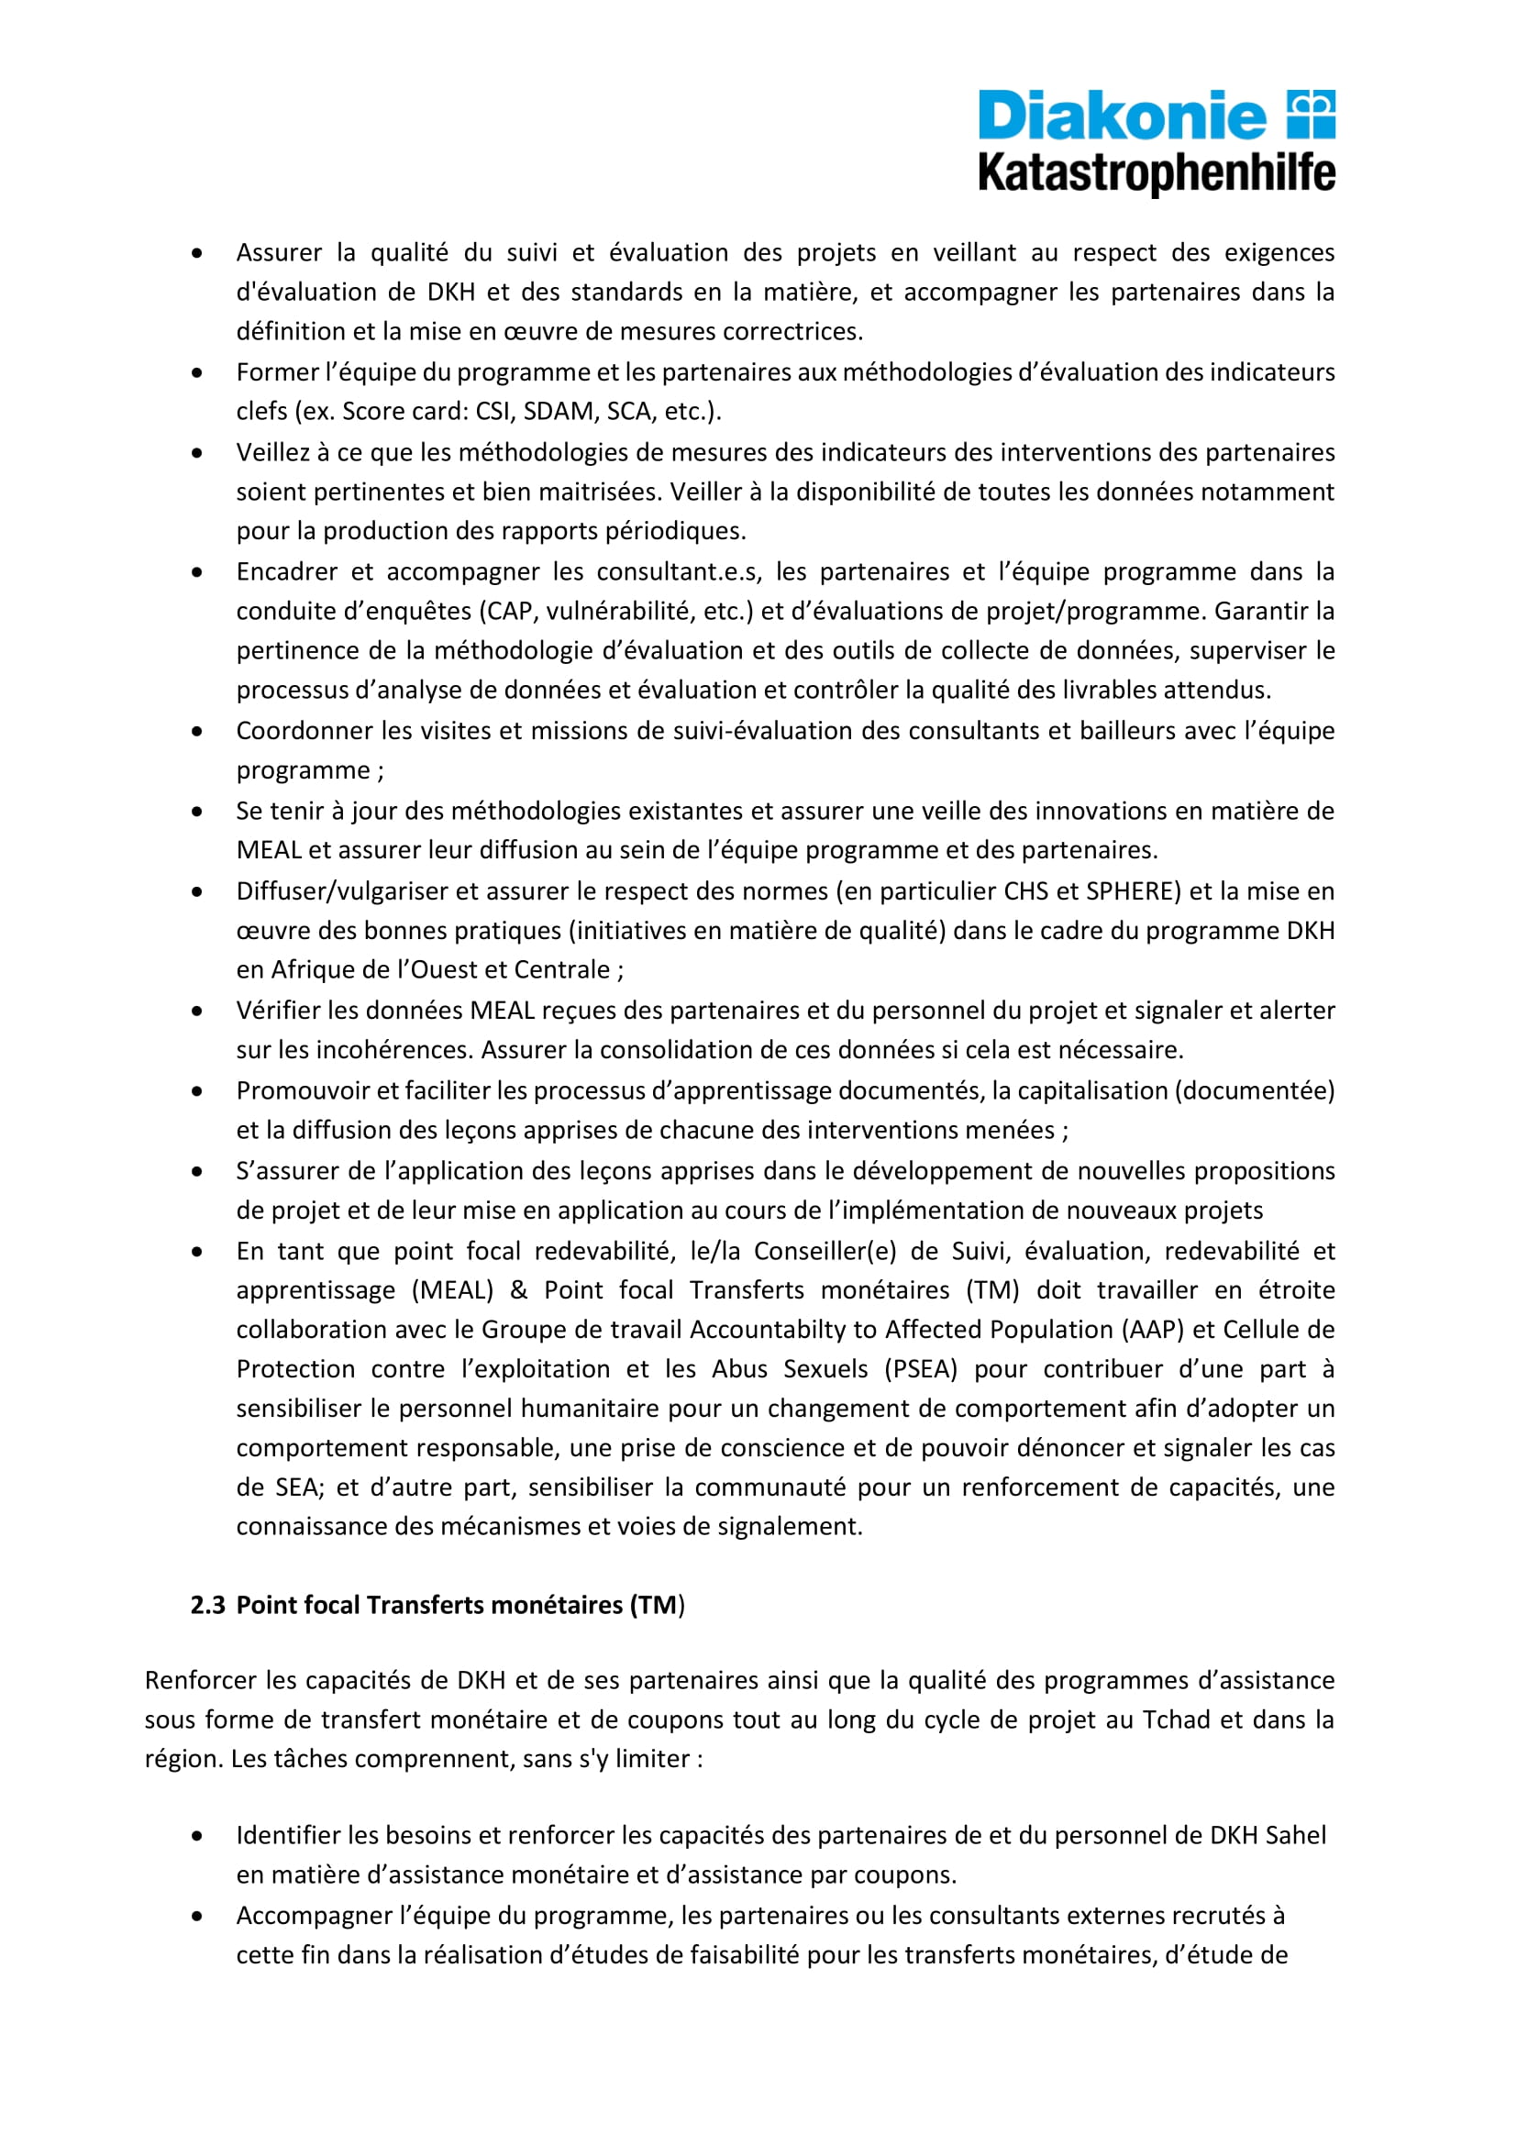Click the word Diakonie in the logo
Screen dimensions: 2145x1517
point(1121,116)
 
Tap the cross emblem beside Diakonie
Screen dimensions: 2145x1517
point(1311,114)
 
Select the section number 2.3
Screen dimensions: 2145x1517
point(207,1604)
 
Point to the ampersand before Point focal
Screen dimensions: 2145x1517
point(518,1290)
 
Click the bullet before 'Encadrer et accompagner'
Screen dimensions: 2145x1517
point(196,571)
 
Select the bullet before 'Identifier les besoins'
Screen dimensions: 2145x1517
point(196,1836)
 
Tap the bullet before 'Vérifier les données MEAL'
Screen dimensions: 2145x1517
point(196,1011)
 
